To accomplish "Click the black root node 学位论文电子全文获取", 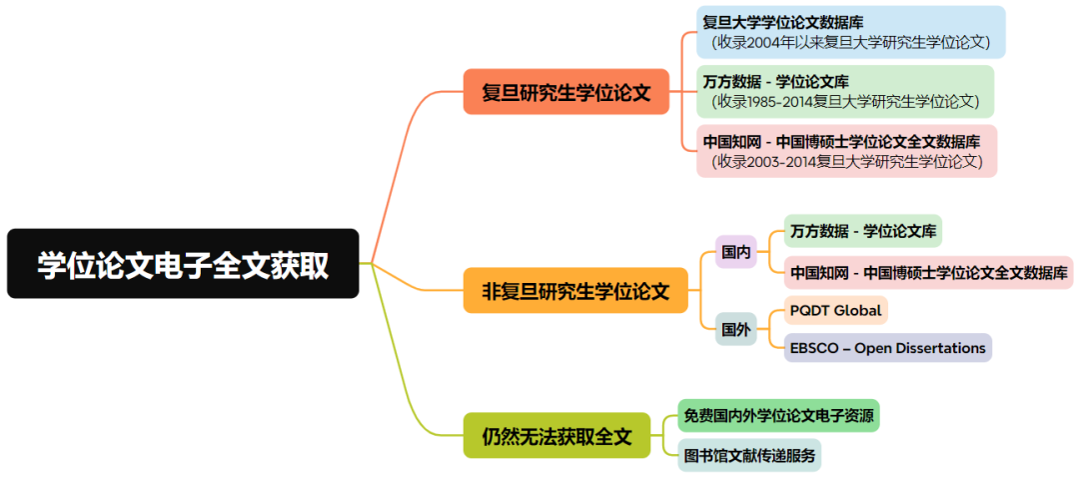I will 183,264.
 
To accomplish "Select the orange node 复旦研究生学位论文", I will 565,93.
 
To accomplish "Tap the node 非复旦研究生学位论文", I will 575,291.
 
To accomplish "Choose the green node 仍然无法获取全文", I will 556,436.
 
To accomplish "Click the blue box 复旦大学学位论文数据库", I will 850,31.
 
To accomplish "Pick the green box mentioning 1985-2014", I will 844,91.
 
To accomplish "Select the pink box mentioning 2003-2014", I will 847,151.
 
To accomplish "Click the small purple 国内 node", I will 736,252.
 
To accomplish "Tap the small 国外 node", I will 736,329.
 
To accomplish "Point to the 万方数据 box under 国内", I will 862,231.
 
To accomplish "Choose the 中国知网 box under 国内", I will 928,272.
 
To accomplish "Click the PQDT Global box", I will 835,310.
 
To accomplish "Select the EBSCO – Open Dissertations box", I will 887,348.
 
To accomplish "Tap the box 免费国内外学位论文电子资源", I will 778,414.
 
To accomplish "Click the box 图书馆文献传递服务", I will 749,455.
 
